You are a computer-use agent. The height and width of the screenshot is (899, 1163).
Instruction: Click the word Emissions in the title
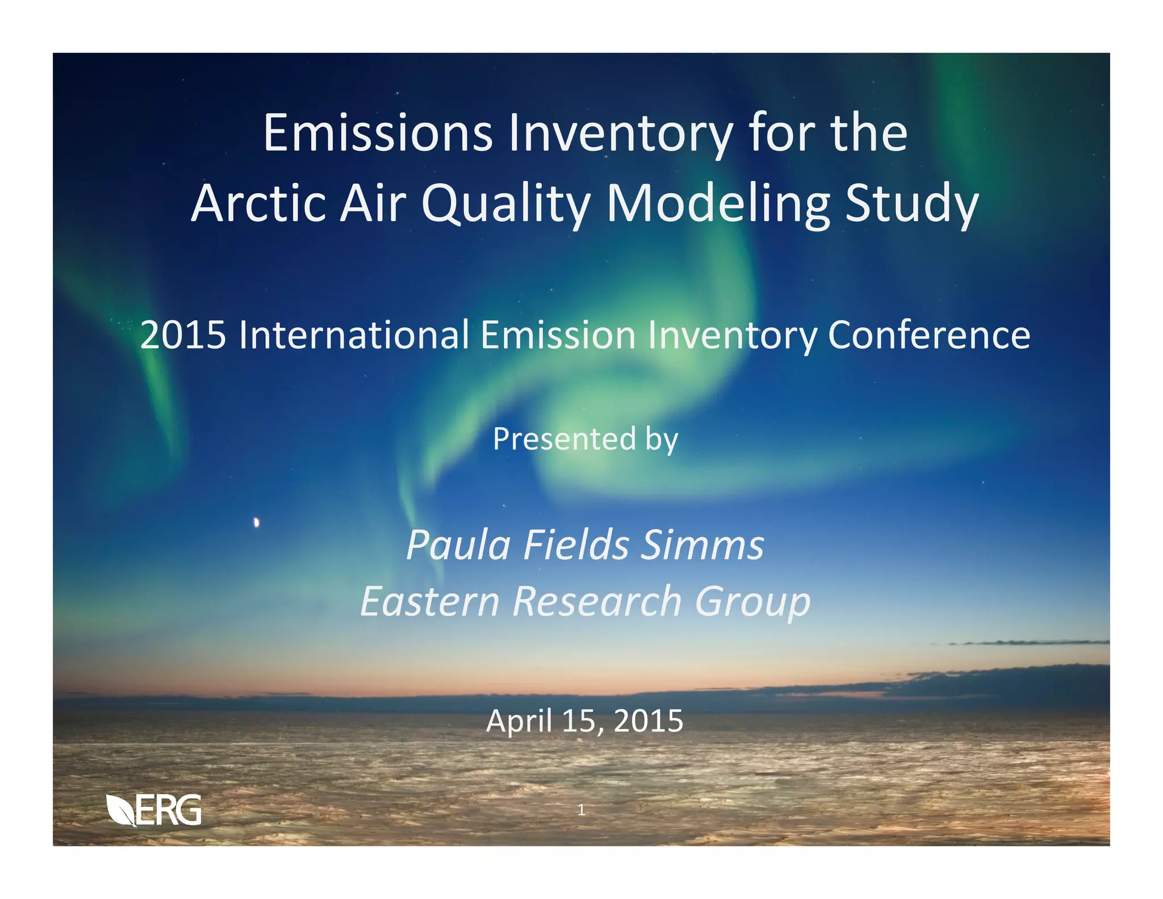378,134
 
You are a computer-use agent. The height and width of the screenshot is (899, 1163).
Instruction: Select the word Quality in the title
505,205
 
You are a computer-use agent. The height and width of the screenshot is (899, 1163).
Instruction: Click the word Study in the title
911,205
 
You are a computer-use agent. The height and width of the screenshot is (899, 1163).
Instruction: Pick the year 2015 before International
183,335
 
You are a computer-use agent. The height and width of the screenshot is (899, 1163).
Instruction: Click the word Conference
928,335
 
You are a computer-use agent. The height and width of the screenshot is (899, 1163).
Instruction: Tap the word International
353,335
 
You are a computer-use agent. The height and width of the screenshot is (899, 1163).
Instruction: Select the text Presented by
585,439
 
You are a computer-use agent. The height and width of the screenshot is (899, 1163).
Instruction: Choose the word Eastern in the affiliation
429,602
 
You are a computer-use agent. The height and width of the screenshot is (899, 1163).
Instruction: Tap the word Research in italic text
597,602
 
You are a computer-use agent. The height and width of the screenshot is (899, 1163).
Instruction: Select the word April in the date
520,722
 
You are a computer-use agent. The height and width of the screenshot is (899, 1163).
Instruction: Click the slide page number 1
581,810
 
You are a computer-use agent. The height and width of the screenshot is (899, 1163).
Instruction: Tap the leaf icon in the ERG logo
120,810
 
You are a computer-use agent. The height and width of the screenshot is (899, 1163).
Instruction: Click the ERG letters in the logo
169,810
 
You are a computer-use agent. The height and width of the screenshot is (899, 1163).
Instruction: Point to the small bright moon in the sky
257,522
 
